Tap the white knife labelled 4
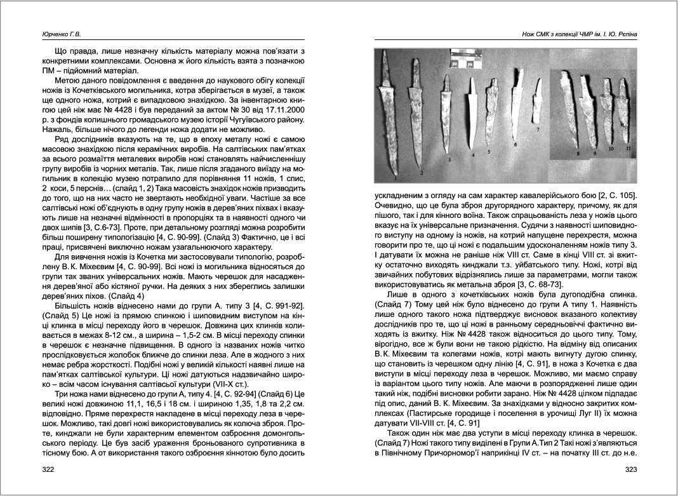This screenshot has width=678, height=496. pyautogui.click(x=470, y=115)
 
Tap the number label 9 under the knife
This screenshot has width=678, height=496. pyautogui.click(x=595, y=153)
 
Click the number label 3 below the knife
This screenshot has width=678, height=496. pyautogui.click(x=449, y=160)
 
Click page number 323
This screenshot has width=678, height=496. pyautogui.click(x=630, y=470)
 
